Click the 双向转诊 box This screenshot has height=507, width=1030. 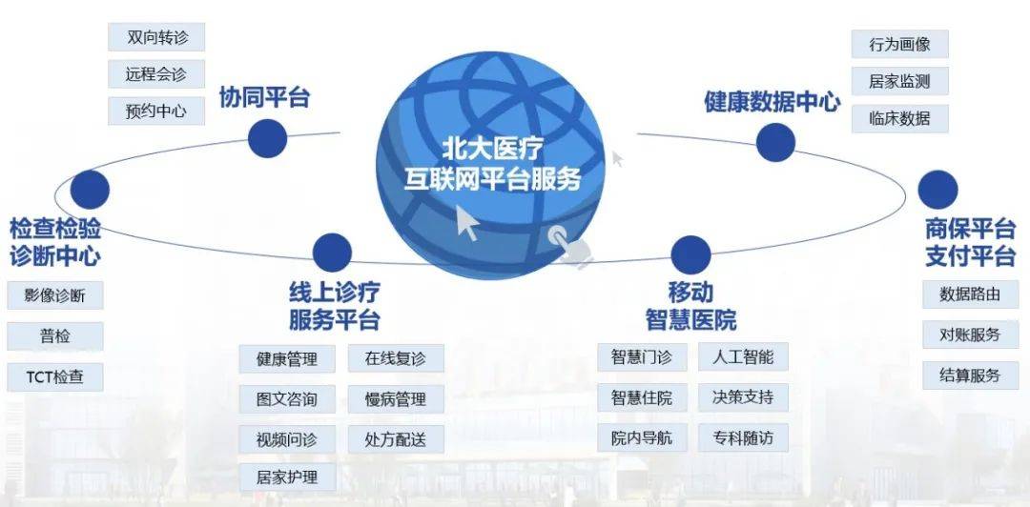tap(156, 37)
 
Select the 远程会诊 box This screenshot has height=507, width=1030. tap(156, 74)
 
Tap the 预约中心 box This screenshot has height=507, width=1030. tap(156, 111)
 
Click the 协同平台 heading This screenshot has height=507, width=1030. tap(264, 97)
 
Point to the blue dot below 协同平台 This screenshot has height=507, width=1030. tap(268, 138)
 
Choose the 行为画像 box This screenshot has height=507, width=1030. tap(900, 44)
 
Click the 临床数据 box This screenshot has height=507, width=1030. tap(900, 119)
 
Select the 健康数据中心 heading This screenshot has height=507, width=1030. tap(772, 102)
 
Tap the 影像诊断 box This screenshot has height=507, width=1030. tap(55, 295)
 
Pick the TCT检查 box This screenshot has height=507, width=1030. tap(55, 377)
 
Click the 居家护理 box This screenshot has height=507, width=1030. tap(287, 477)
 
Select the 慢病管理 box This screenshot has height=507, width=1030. tap(396, 398)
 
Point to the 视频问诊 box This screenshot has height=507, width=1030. tap(287, 438)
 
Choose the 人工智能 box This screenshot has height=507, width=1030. tap(743, 356)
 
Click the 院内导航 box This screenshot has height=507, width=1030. tap(642, 437)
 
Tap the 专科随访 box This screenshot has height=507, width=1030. tap(743, 437)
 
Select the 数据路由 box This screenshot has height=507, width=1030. tap(970, 294)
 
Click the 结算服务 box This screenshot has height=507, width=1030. tap(970, 375)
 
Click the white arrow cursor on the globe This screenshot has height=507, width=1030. tap(467, 223)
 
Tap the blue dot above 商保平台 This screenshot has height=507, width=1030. tap(938, 190)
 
